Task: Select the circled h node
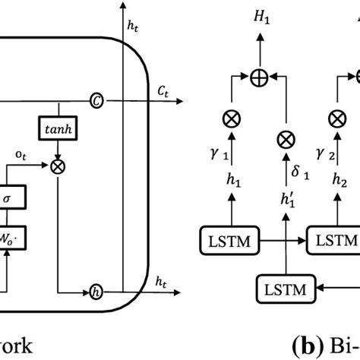[96, 292]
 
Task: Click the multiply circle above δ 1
[285, 138]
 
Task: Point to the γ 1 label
[219, 156]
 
